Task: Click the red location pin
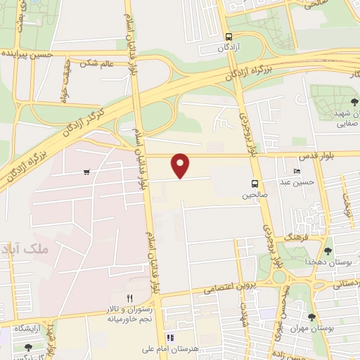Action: [x=181, y=165]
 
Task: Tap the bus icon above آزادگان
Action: [x=229, y=37]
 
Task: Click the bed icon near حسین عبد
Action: [x=296, y=171]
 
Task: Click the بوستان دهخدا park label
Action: [x=328, y=262]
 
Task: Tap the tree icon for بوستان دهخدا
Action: [x=328, y=250]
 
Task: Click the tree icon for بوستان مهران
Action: [x=311, y=317]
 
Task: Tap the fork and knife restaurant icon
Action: [x=129, y=298]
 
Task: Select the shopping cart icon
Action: [x=86, y=172]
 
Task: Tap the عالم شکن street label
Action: [x=97, y=64]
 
